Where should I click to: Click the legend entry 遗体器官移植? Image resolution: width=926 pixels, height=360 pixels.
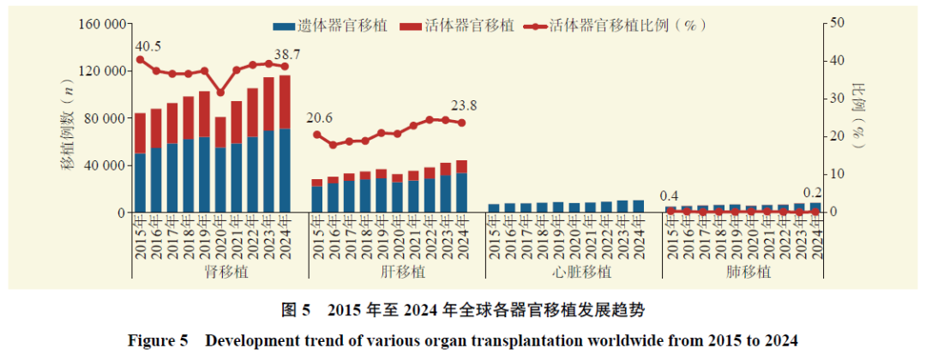(x=330, y=26)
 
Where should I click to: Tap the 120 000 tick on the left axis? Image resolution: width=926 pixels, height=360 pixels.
(x=101, y=71)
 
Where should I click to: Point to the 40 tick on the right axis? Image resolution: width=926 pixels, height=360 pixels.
(x=837, y=61)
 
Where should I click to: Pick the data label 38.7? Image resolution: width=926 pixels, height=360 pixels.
(x=287, y=54)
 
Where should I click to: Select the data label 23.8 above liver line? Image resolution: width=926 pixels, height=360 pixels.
(x=464, y=106)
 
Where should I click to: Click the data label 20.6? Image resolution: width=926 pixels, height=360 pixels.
(x=319, y=118)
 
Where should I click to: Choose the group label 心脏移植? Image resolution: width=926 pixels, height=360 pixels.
(x=574, y=272)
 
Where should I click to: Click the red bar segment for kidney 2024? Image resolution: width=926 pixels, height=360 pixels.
(x=285, y=102)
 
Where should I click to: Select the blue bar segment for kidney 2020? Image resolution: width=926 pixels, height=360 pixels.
(x=220, y=180)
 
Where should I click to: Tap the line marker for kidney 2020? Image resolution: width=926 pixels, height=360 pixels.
(x=220, y=92)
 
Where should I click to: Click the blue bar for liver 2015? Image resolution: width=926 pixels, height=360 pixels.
(x=317, y=200)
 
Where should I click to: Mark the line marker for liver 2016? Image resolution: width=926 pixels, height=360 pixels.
(x=333, y=145)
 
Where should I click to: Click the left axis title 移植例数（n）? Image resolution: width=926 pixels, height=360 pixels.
(x=69, y=128)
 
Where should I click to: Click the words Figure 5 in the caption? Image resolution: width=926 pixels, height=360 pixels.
(x=158, y=341)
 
